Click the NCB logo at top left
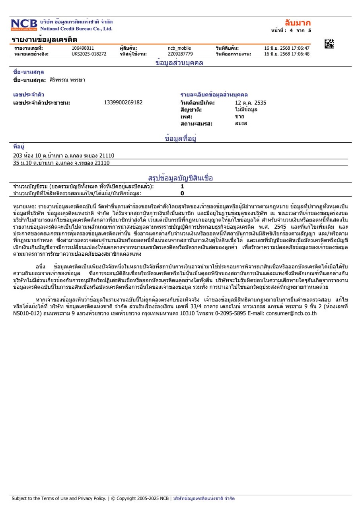(x=24, y=25)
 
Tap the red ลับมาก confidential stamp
(x=298, y=23)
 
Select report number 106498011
(x=83, y=49)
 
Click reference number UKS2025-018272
(x=89, y=54)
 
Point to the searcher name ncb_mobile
(x=179, y=49)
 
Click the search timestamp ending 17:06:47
(x=287, y=49)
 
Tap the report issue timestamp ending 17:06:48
(x=287, y=54)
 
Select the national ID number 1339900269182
(x=123, y=103)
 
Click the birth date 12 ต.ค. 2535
(x=251, y=103)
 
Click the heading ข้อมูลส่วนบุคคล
(x=179, y=63)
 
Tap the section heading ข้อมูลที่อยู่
(x=181, y=138)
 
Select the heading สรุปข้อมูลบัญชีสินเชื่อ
(x=180, y=178)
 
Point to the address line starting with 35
(x=61, y=163)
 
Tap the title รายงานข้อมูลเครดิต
(x=44, y=39)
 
